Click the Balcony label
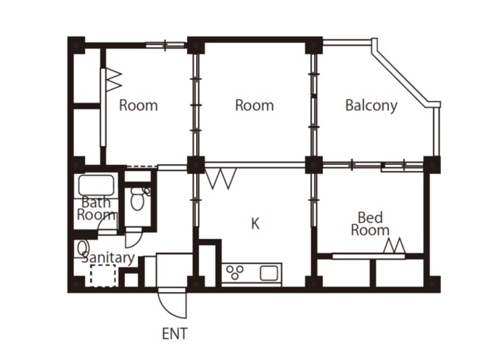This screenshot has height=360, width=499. pos(371,106)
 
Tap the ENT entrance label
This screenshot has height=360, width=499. pos(175,334)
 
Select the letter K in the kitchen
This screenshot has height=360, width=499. pos(255,224)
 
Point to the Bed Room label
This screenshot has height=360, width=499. pos(370,224)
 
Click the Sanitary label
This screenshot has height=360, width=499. pos(108,258)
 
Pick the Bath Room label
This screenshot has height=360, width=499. pos(96,209)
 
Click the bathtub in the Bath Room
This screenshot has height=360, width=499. pos(96,185)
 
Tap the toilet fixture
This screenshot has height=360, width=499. pos(138,199)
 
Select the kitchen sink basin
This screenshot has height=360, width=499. pos(269,273)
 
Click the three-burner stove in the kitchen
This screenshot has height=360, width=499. pos(235,273)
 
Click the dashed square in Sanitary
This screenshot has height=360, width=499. pos(103,276)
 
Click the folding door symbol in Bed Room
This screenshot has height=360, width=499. pos(394,246)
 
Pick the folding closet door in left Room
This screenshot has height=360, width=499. pos(113,79)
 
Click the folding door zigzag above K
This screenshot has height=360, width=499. pos(221,178)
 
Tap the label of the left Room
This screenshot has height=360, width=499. pos(139,106)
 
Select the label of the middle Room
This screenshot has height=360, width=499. pos(255,106)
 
